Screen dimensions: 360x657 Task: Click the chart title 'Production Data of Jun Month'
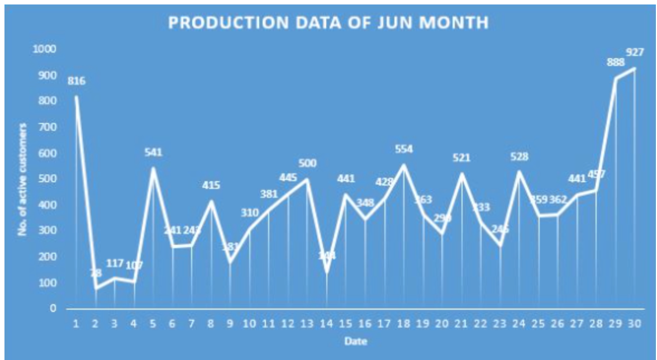(328, 23)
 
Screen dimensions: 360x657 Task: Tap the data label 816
(76, 81)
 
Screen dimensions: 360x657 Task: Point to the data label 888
(616, 63)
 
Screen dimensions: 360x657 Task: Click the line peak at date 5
(153, 168)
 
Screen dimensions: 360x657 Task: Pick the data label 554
(403, 149)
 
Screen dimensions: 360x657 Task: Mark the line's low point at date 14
(326, 272)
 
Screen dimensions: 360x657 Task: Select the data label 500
(307, 163)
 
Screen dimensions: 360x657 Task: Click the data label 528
(520, 157)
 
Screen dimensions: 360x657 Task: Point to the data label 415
(211, 185)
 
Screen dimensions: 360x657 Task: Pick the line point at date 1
(76, 97)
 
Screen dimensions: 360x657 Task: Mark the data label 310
(250, 213)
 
